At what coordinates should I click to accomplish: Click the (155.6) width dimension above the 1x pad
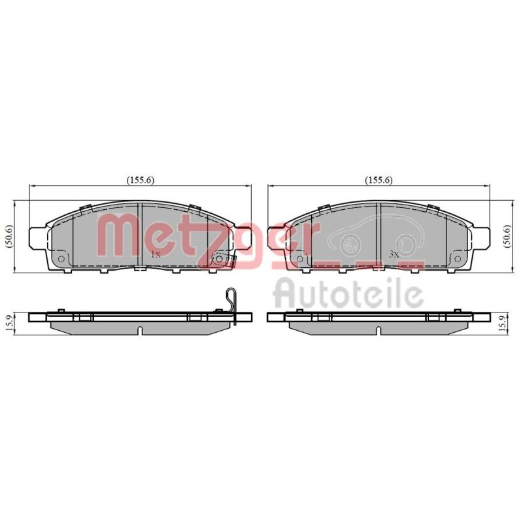pyautogui.click(x=140, y=180)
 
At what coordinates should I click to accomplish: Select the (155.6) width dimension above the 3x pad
pyautogui.click(x=379, y=180)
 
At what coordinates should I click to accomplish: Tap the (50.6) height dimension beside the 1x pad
pyautogui.click(x=9, y=236)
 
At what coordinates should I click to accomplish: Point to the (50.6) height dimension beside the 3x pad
pyautogui.click(x=509, y=236)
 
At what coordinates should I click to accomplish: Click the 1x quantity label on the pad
pyautogui.click(x=156, y=254)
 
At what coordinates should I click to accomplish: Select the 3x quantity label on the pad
pyautogui.click(x=394, y=254)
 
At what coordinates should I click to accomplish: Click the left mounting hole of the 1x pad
pyautogui.click(x=61, y=259)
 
